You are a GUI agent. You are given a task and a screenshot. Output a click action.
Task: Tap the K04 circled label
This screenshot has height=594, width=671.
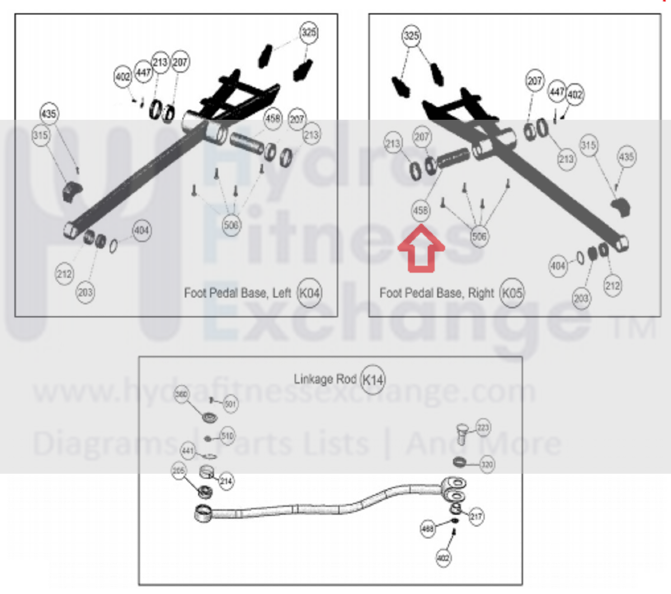pyautogui.click(x=309, y=293)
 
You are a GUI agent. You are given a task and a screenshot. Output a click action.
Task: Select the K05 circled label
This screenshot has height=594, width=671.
pyautogui.click(x=512, y=293)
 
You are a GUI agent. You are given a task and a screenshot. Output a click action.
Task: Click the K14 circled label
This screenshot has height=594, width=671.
pyautogui.click(x=373, y=379)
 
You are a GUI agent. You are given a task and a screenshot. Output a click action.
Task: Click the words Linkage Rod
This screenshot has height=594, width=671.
pyautogui.click(x=325, y=379)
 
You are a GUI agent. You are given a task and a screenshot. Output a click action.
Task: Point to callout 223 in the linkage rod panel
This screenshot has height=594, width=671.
pyautogui.click(x=483, y=428)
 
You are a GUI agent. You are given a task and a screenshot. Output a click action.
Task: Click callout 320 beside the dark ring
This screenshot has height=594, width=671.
pyautogui.click(x=487, y=464)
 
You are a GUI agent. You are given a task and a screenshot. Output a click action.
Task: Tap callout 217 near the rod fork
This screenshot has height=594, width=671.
pyautogui.click(x=476, y=517)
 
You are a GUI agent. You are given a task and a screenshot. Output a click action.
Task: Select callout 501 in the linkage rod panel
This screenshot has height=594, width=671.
pyautogui.click(x=231, y=404)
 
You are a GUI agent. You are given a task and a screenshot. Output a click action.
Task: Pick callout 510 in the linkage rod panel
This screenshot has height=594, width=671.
pyautogui.click(x=227, y=436)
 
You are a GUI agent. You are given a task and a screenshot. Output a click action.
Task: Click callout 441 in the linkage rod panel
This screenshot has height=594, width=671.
pyautogui.click(x=188, y=450)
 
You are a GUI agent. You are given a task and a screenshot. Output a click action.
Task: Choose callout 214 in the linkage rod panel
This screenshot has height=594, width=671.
pyautogui.click(x=226, y=481)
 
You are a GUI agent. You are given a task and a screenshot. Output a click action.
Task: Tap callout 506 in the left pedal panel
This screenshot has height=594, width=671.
pyautogui.click(x=231, y=225)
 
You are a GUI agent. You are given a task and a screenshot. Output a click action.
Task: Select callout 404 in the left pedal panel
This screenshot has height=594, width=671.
pyautogui.click(x=142, y=230)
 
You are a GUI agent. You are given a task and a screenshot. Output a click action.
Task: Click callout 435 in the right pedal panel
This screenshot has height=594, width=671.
pyautogui.click(x=626, y=157)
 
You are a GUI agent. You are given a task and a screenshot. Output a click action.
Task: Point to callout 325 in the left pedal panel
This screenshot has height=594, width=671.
pyautogui.click(x=309, y=33)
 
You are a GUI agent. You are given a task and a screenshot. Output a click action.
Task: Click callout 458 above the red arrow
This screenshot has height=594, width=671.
pyautogui.click(x=421, y=211)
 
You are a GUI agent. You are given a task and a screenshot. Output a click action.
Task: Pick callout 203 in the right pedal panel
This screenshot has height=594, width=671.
pyautogui.click(x=581, y=298)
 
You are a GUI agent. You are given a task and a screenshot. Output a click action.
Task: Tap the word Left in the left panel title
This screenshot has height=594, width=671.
pyautogui.click(x=282, y=293)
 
